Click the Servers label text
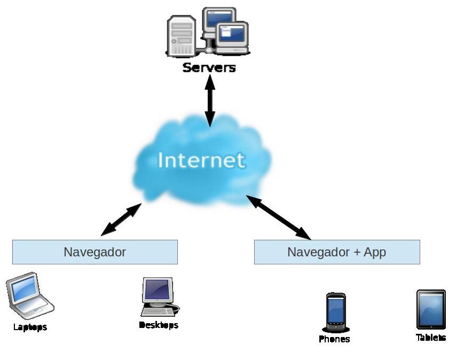(x=209, y=67)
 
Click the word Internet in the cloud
(x=201, y=160)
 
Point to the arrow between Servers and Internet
(x=210, y=100)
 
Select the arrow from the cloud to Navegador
(x=121, y=220)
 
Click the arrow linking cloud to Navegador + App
(x=278, y=217)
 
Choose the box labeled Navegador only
(x=95, y=252)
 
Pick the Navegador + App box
(x=337, y=252)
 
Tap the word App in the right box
(x=375, y=252)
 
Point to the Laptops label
(x=30, y=327)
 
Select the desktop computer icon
(x=160, y=297)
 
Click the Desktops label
(x=159, y=325)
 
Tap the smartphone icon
(x=336, y=312)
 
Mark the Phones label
(x=334, y=339)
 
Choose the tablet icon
(x=431, y=309)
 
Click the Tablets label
(x=431, y=338)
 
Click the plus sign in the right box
(x=357, y=252)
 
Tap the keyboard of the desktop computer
(x=158, y=312)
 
